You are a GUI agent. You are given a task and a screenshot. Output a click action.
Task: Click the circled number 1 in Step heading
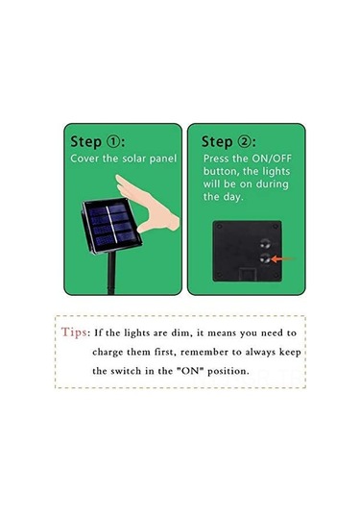113,141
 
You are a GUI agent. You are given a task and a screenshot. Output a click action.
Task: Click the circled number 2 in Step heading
244,141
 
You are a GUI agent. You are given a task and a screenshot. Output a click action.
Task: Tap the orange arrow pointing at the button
282,259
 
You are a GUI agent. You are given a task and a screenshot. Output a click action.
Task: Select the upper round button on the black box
265,244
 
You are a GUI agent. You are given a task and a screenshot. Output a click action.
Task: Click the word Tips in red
74,332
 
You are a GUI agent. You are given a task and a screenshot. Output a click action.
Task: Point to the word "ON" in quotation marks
190,371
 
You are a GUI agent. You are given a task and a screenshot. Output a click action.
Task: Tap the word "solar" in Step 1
134,159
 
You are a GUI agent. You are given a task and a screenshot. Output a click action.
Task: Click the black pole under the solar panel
111,273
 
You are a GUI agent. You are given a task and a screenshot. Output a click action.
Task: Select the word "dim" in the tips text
180,333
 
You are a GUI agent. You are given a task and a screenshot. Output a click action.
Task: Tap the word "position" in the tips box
228,372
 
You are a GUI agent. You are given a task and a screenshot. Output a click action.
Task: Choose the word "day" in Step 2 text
233,197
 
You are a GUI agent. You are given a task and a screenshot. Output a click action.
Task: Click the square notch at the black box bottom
247,274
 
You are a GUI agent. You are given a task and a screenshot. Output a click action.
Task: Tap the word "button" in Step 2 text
221,171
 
